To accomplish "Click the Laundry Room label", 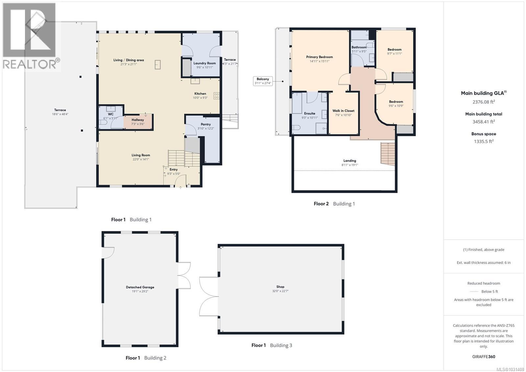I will pos(204,63).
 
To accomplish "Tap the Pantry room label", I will pos(206,124).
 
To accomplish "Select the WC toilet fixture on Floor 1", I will pos(103,122).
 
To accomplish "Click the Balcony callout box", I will pos(263,81).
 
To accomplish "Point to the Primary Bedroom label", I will pos(319,57).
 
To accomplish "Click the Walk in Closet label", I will pos(343,111).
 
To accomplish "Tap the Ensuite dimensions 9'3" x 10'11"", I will pos(309,118).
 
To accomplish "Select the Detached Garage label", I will pos(140,287).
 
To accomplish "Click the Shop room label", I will pos(280,287).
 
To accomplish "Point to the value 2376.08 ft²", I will pos(484,102).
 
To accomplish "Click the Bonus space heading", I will pos(484,134).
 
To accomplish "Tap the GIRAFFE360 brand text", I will pos(484,357).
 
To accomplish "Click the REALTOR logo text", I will pos(30,64).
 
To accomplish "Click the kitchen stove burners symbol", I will pos(217,96).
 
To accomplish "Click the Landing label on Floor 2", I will pos(349,161).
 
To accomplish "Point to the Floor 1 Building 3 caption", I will pos(272,345).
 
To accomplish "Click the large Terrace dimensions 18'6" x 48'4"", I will pos(60,114).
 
